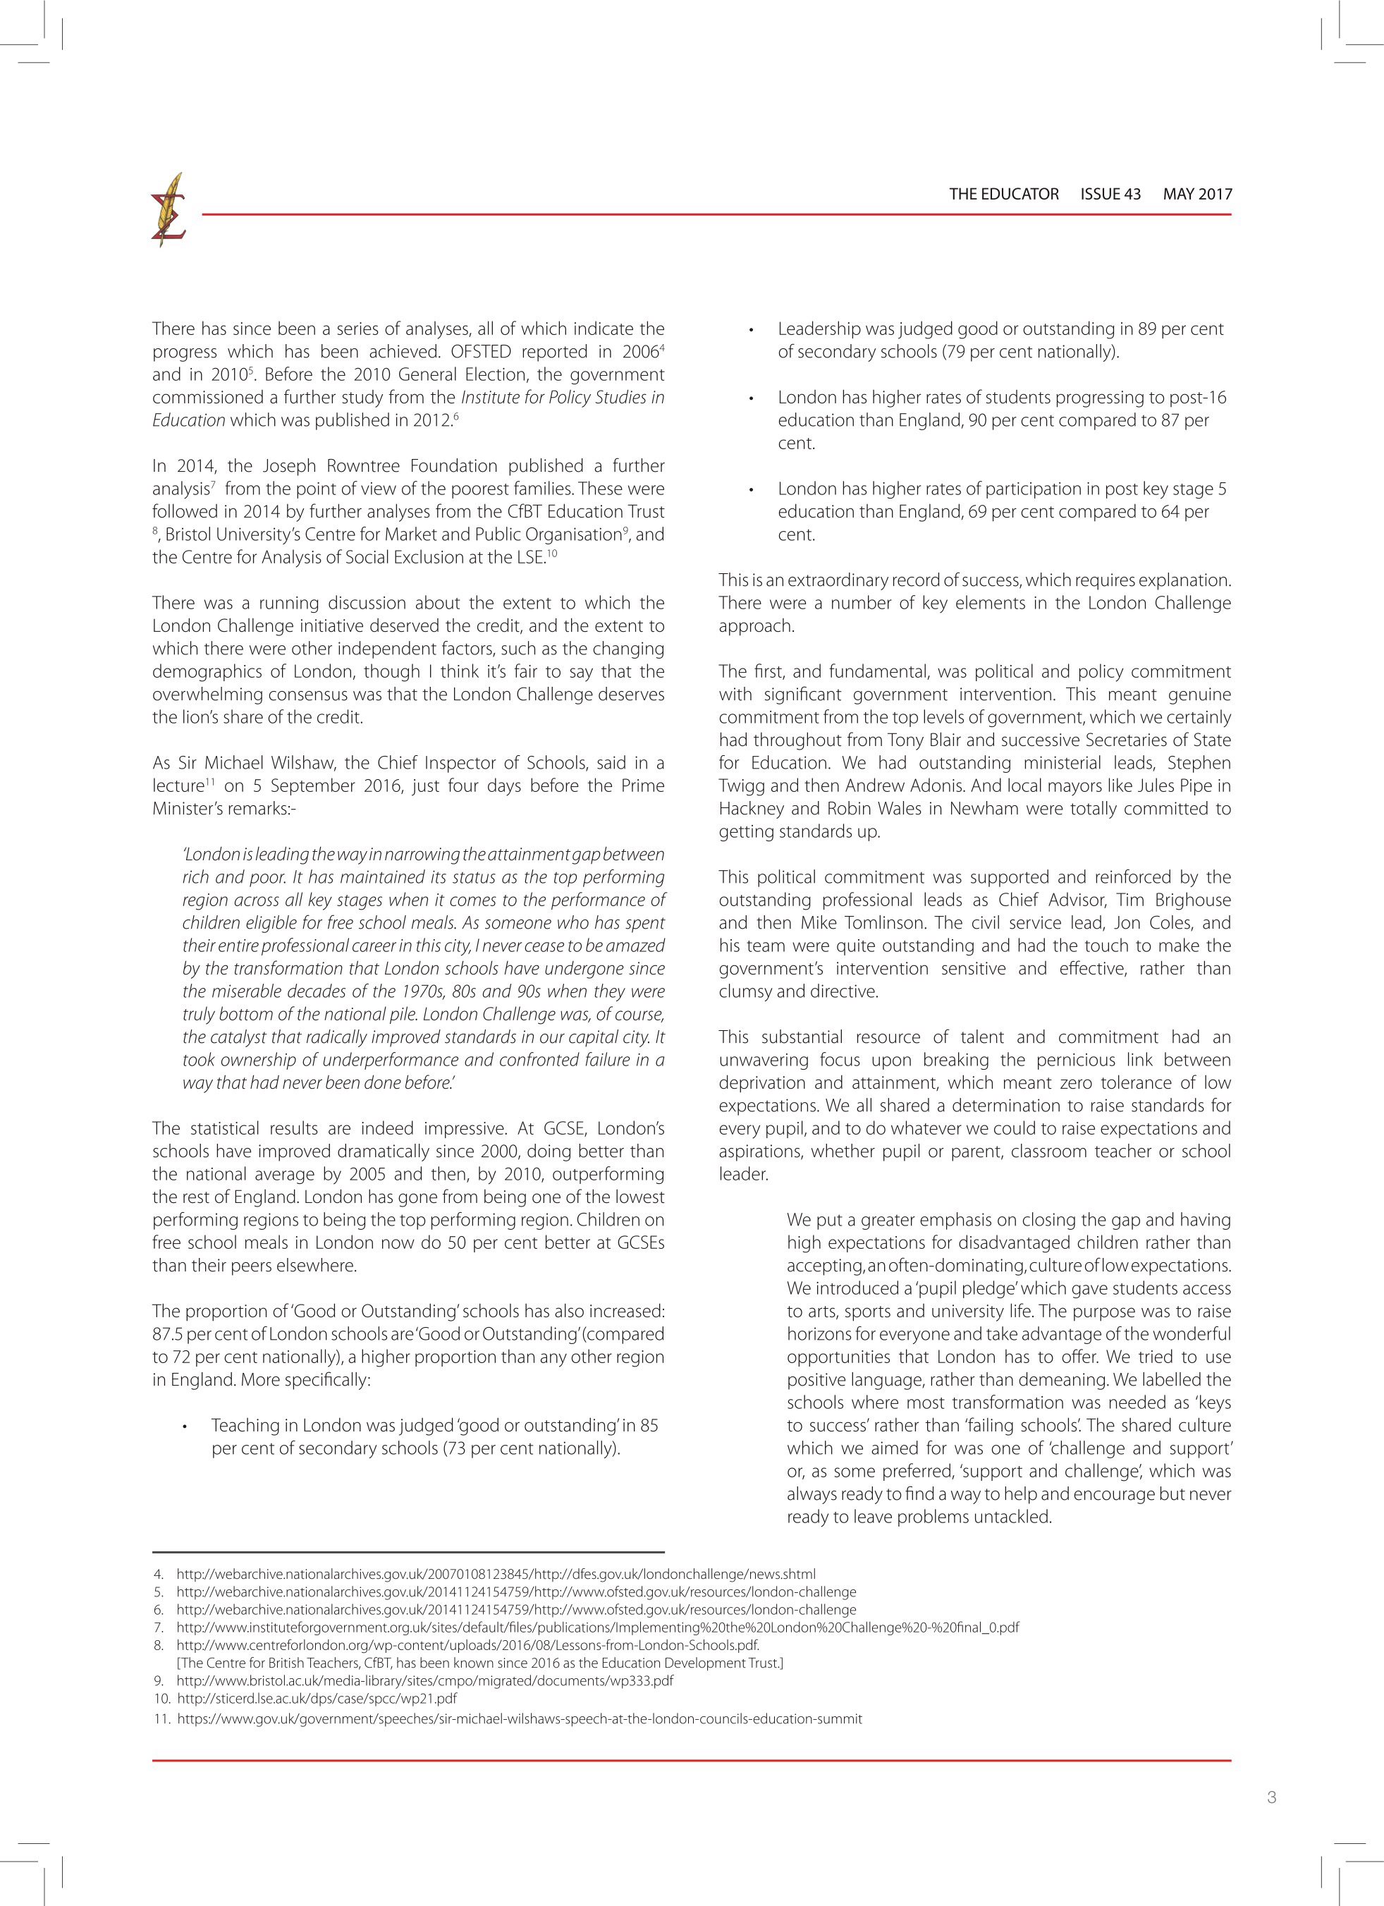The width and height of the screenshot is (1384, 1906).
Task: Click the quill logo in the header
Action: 168,210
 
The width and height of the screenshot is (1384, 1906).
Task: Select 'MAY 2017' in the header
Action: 1196,194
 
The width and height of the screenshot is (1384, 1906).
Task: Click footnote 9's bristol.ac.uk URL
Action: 424,1681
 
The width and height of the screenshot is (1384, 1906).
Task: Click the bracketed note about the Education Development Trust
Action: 479,1663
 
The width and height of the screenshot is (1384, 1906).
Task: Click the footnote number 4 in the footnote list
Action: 159,1574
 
